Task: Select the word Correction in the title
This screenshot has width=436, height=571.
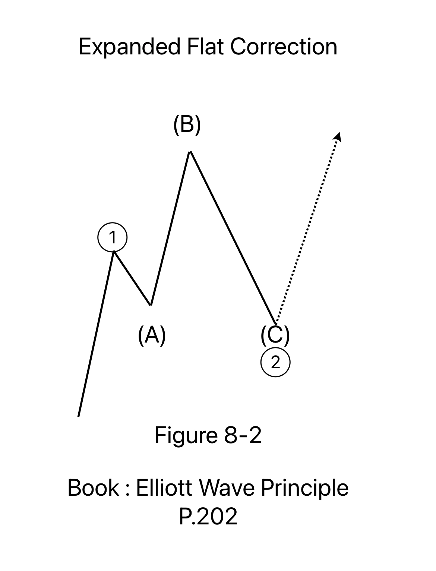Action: click(284, 47)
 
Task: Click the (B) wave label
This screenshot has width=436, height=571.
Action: click(187, 125)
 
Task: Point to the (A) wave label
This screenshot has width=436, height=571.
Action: click(152, 335)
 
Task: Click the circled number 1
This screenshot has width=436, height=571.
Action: click(113, 237)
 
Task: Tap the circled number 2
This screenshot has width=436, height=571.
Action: click(275, 362)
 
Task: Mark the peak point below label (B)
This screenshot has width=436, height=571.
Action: click(190, 152)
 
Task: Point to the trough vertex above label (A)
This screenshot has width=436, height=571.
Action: click(151, 305)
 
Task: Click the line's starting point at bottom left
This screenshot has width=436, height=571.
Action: click(79, 416)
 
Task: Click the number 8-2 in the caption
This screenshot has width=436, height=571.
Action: click(243, 435)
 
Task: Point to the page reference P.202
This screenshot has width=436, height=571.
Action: click(208, 517)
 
